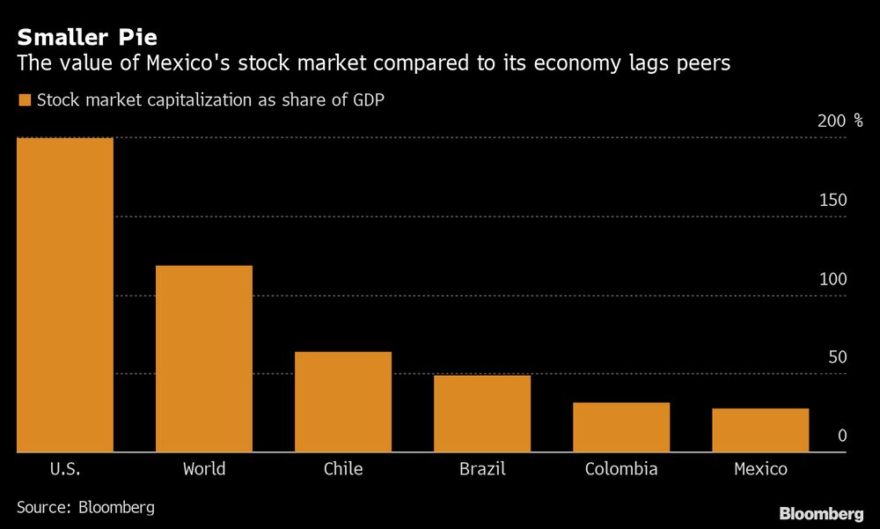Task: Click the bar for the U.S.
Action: (64, 295)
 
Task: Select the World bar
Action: (204, 359)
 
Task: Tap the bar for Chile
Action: (343, 402)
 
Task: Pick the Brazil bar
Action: (482, 414)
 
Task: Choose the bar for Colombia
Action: (621, 428)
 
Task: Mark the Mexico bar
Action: (760, 430)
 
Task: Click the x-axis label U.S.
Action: (65, 469)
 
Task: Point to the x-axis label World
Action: (204, 469)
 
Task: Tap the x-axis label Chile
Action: (343, 469)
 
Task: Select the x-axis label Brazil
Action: (482, 469)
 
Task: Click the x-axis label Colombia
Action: (621, 469)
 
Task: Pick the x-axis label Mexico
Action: (760, 469)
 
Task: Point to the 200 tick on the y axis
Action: (832, 121)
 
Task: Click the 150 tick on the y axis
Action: (832, 201)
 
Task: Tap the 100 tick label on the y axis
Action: (832, 280)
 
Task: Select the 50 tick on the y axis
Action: (837, 358)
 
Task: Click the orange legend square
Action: (24, 100)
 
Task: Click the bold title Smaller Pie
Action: (87, 38)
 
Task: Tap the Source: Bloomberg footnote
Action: (85, 508)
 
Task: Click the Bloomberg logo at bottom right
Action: (821, 513)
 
